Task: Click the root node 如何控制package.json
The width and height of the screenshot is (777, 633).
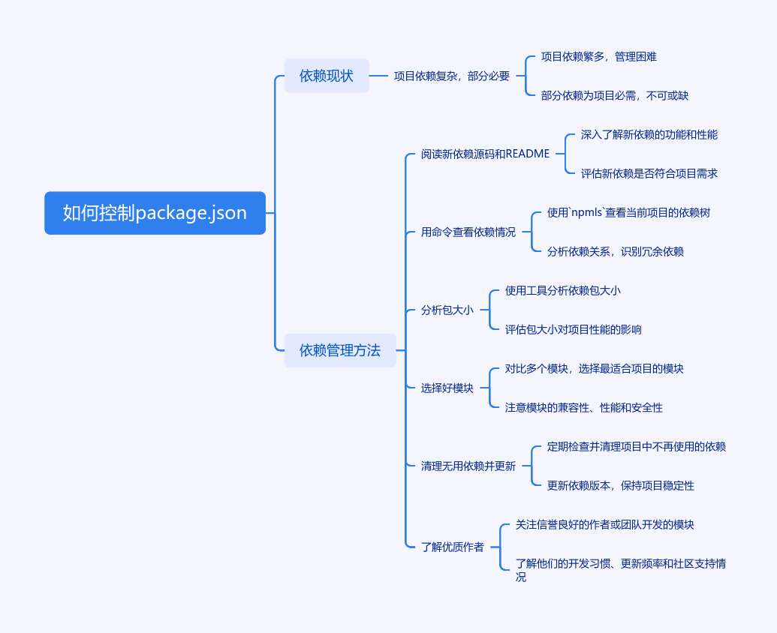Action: pos(155,213)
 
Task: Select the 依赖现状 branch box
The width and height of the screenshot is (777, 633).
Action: pos(327,76)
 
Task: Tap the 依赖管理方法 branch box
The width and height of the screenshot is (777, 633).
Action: pos(340,350)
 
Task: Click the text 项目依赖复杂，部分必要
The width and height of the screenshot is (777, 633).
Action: pos(452,76)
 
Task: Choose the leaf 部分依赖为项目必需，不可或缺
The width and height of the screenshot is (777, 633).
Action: pos(615,95)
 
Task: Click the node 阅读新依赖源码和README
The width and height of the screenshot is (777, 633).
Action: pos(485,154)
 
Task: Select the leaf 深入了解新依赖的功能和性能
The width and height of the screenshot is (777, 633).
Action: pos(649,134)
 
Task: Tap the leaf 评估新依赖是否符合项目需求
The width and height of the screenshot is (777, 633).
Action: pos(649,173)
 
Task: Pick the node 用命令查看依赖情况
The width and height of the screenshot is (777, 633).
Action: pos(468,232)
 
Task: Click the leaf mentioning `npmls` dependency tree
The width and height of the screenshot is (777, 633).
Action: pos(628,212)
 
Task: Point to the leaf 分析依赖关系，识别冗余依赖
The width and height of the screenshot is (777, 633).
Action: pos(616,251)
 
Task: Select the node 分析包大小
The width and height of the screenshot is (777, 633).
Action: pos(447,310)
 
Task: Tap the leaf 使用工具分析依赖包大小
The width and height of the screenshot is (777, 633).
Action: pos(563,290)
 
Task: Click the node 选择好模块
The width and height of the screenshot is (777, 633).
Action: pos(447,388)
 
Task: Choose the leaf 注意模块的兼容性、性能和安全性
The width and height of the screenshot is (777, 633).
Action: pos(584,407)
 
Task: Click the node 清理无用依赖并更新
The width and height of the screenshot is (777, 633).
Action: pos(468,466)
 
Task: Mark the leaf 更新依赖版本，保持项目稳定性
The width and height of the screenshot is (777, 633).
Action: pos(621,485)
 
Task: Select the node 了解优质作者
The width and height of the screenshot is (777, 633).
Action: pos(453,547)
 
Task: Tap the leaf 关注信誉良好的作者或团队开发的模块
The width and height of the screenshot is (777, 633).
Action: pos(605,524)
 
